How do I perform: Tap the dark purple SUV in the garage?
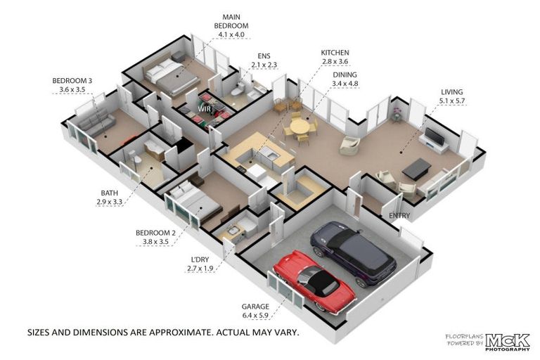click(354, 254)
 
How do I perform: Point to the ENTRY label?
click(400, 216)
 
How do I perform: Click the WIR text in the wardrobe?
click(205, 109)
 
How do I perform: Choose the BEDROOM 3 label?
click(72, 81)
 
